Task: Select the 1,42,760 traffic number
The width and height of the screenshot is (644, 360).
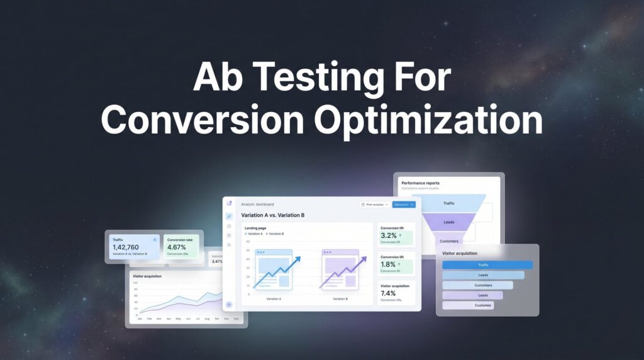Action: (x=126, y=247)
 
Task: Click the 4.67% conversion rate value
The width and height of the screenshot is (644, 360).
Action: (x=177, y=247)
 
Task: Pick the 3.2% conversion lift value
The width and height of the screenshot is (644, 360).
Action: (x=389, y=235)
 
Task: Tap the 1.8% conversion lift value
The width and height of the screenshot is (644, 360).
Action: (x=389, y=264)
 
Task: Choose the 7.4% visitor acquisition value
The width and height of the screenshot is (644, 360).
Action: (x=389, y=293)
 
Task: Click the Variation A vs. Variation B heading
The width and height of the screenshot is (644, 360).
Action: (x=273, y=215)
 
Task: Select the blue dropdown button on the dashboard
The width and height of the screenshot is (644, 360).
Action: (x=404, y=205)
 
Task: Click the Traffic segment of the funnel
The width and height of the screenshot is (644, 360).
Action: (x=448, y=203)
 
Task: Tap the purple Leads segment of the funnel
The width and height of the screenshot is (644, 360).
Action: (x=449, y=222)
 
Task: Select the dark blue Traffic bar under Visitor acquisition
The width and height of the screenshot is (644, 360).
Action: (x=487, y=265)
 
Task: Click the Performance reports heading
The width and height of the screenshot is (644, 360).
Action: (x=420, y=183)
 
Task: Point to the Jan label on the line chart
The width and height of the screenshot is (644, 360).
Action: (x=140, y=319)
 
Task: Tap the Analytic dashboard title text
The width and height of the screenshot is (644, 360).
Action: (x=257, y=204)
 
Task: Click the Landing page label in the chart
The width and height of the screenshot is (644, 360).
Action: (x=256, y=227)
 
